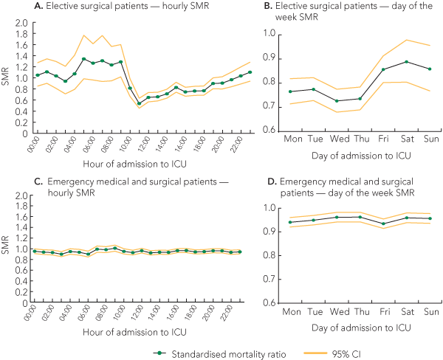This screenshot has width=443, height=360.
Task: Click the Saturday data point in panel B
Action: pos(406,62)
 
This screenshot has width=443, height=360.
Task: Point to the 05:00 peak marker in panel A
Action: pos(84,59)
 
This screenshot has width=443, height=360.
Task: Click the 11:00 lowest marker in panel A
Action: pos(139,103)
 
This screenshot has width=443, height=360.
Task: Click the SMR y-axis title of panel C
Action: pos(7,249)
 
